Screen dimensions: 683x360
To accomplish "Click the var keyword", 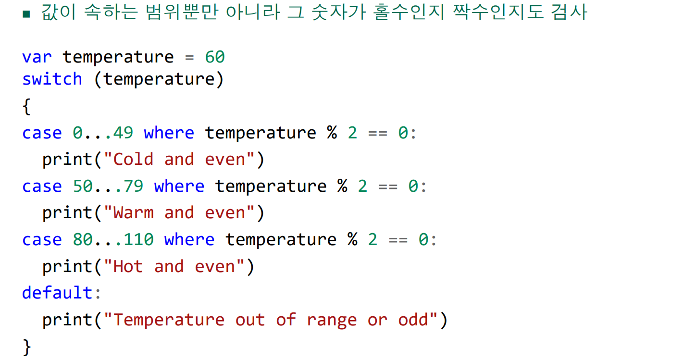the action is (37, 57).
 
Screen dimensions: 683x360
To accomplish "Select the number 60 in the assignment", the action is (215, 57).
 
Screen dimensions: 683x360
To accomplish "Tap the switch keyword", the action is (52, 79).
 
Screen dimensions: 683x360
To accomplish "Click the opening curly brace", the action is (26, 106).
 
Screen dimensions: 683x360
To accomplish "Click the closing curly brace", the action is (26, 347).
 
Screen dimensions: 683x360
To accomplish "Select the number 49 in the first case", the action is (123, 133).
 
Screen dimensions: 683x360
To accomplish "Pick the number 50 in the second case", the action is (83, 186).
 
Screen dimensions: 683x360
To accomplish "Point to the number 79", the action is (133, 186).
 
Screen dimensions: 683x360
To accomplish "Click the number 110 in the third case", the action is (138, 239).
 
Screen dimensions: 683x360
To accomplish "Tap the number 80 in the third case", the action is (83, 239).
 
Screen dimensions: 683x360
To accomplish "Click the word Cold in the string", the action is (133, 159).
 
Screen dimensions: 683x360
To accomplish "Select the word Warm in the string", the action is (133, 212).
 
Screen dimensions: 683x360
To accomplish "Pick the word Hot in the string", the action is (128, 266).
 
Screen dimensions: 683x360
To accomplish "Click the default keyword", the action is (57, 293).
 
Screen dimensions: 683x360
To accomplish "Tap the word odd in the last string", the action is (413, 320).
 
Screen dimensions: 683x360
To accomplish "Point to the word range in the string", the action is (332, 321).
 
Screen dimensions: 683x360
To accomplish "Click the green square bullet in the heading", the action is (26, 14).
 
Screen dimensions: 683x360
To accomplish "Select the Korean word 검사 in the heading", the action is (569, 12).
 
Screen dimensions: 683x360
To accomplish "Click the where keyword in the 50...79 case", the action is (179, 186).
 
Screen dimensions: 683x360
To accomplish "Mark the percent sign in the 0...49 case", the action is (332, 133).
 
